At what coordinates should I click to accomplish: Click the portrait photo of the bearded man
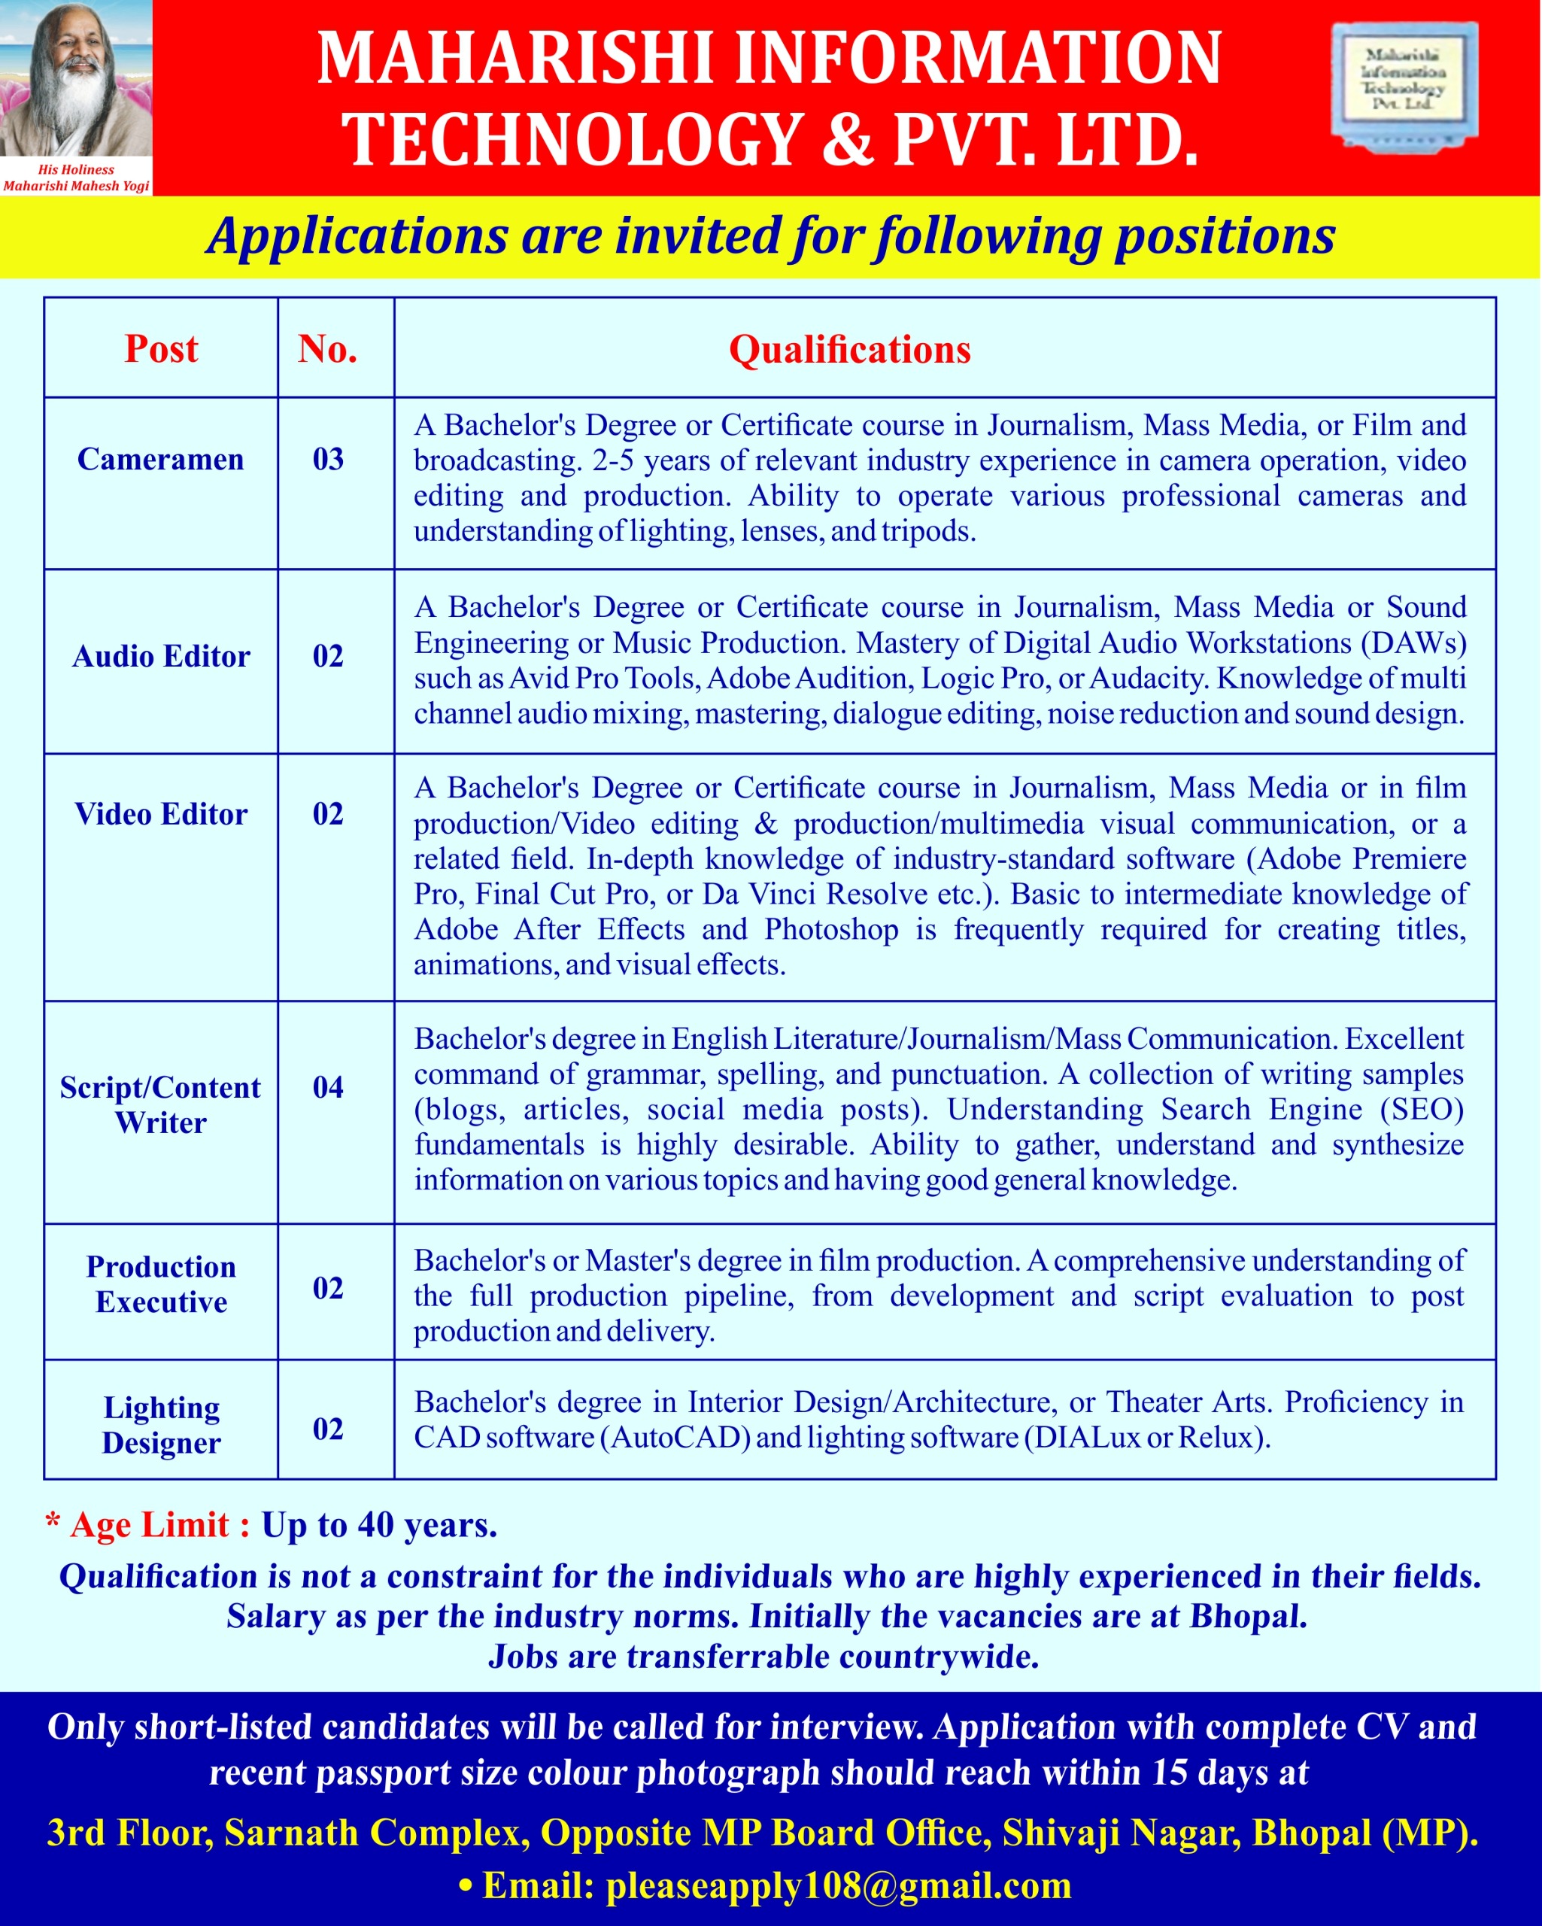[76, 81]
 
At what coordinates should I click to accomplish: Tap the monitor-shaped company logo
[1404, 85]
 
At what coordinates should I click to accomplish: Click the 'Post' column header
[161, 348]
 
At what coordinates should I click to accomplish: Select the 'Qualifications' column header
[850, 349]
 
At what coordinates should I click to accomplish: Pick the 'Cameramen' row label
[161, 459]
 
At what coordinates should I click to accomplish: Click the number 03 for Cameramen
[328, 459]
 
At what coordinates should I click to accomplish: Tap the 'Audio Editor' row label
[161, 657]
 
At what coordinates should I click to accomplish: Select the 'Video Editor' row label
[161, 814]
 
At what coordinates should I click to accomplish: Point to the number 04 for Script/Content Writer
[328, 1087]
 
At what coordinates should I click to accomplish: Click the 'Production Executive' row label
[161, 1284]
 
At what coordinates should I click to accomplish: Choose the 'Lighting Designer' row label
[161, 1425]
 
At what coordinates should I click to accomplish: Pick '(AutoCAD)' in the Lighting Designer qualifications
[680, 1438]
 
